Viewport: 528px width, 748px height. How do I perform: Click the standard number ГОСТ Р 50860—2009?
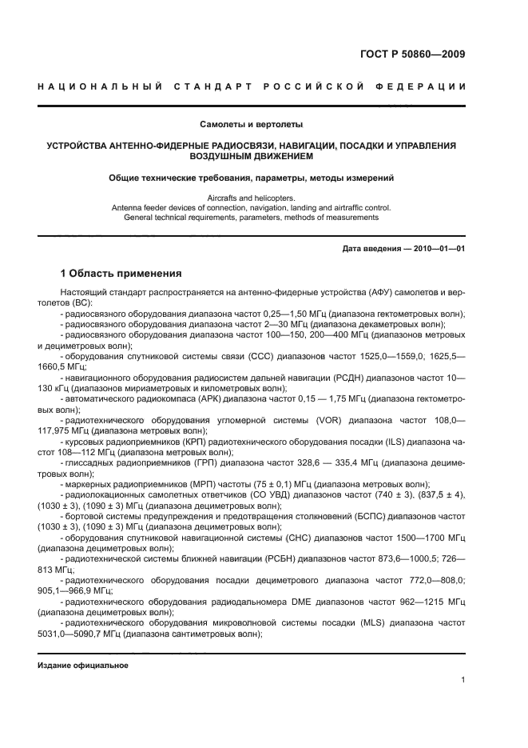point(412,54)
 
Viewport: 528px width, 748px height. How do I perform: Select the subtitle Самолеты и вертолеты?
point(251,124)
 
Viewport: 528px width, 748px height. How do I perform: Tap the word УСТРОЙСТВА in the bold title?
point(79,146)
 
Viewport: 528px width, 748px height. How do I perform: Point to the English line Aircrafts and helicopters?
point(251,198)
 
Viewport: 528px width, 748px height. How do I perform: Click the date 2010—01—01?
point(438,249)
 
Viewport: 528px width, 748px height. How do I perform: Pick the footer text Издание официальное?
point(83,666)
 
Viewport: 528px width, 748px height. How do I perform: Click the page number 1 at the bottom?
point(462,680)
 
